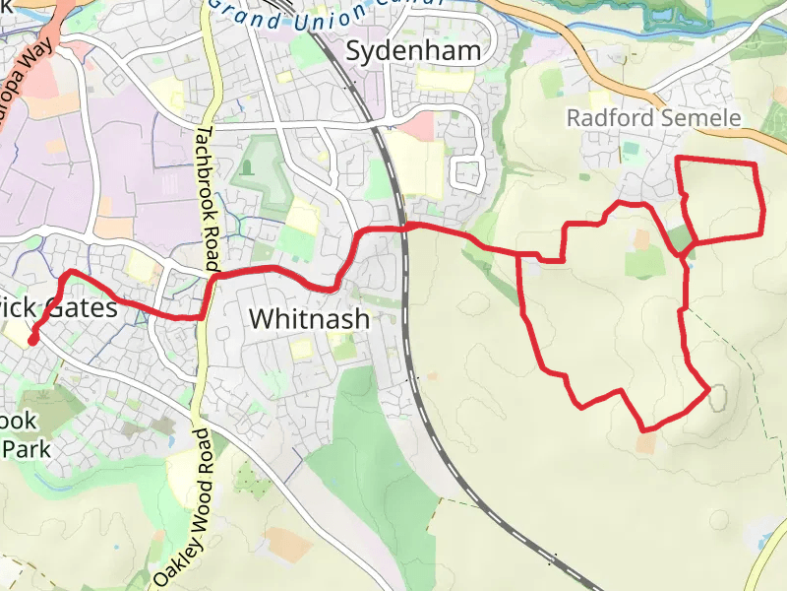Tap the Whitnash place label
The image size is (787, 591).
coord(309,319)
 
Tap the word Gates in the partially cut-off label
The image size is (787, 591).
coord(81,308)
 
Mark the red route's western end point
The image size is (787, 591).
coord(31,341)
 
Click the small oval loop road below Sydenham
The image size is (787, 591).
coord(465,173)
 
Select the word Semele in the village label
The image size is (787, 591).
coord(698,118)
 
